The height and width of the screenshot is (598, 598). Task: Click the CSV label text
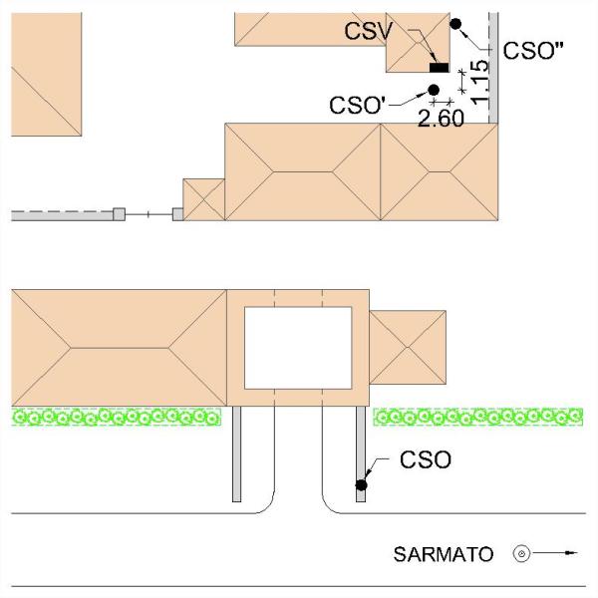368,31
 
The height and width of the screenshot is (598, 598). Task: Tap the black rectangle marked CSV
439,68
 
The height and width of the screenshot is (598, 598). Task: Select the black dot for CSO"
455,24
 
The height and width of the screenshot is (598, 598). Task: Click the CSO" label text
533,51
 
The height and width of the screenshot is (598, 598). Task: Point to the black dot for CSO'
434,90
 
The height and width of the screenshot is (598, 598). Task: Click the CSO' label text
358,106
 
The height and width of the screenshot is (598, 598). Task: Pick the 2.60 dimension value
441,119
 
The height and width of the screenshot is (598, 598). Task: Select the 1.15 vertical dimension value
479,83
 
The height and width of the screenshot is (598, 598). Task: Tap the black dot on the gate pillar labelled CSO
361,485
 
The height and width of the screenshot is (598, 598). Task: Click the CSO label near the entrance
426,459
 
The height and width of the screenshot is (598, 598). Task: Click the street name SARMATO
444,554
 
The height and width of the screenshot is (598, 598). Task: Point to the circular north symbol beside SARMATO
521,553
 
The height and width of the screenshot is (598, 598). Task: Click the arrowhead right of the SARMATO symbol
570,552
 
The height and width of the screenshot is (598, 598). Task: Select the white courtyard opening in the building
298,348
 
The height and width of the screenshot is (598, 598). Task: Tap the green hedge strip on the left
117,417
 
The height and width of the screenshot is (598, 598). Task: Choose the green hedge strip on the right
477,417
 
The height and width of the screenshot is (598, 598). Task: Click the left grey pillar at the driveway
237,453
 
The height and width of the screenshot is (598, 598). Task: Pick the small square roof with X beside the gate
204,199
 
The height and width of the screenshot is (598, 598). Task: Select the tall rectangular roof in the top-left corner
47,74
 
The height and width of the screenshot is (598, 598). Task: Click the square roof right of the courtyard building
408,347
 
